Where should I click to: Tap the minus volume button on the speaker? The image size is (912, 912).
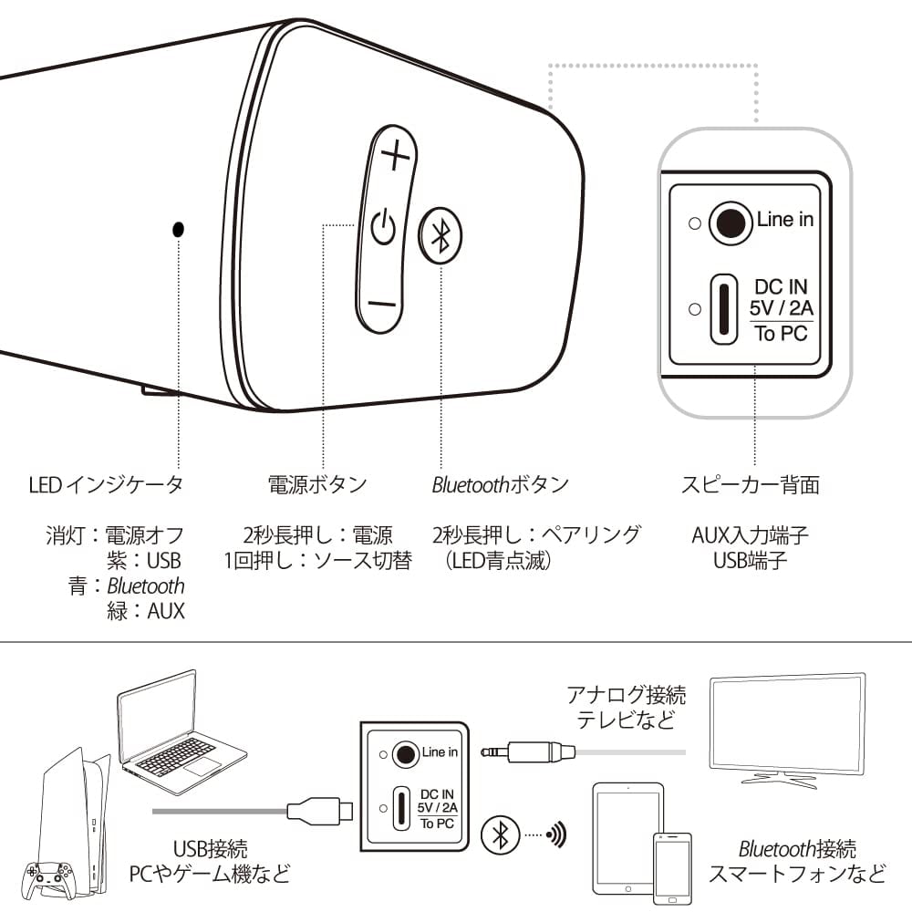tap(384, 305)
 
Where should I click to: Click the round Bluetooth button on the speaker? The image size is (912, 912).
tap(440, 235)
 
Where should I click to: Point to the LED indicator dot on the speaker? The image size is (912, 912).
tap(178, 228)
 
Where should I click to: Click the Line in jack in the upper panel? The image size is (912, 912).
tap(729, 222)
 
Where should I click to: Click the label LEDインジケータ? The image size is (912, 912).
tap(107, 484)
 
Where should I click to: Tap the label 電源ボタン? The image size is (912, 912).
tap(317, 484)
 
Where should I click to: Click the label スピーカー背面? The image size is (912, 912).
tap(750, 484)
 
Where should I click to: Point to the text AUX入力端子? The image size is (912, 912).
tap(750, 534)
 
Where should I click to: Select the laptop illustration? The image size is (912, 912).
tap(178, 730)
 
